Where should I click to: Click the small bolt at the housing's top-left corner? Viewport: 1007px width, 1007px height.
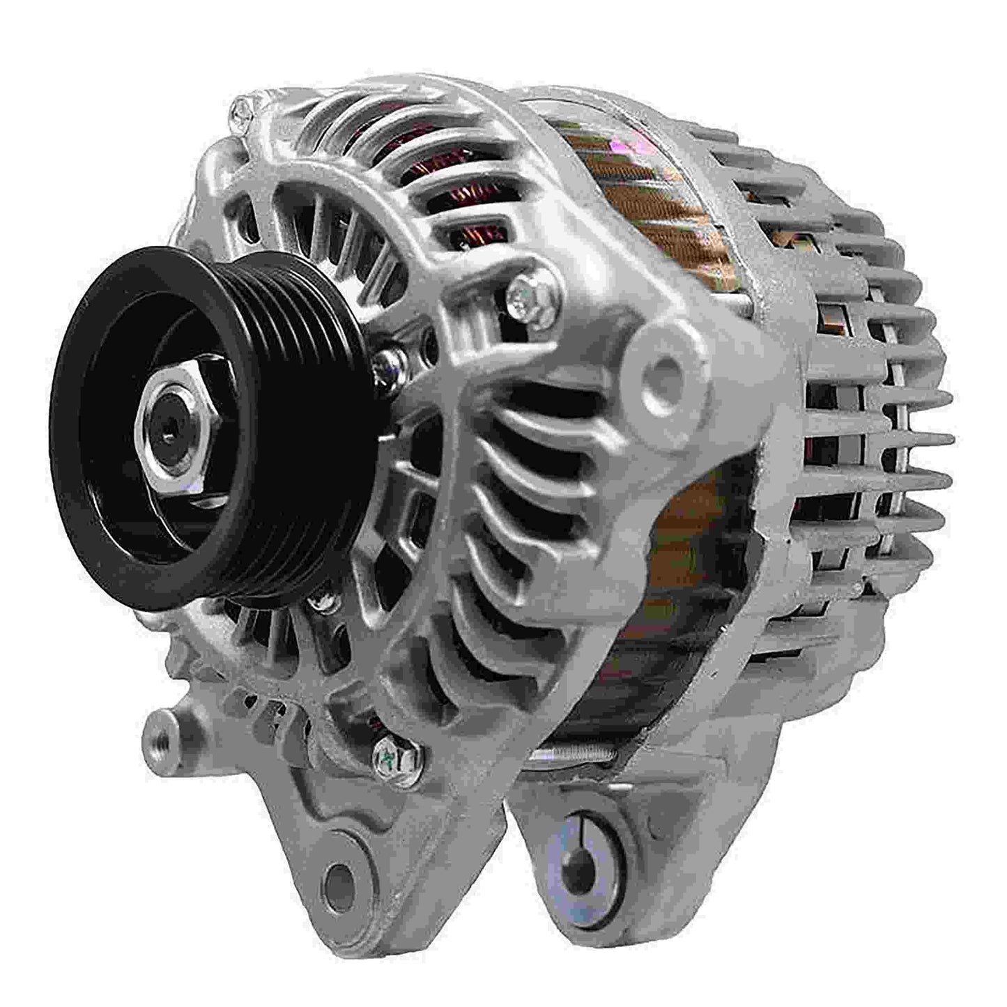[240, 108]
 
